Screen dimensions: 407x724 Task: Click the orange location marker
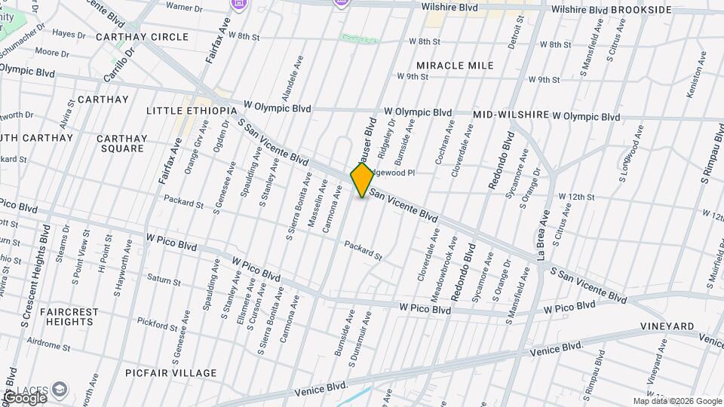coord(362,180)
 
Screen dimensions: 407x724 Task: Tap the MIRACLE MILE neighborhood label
coord(455,66)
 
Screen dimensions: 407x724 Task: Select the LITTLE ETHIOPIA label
coord(192,110)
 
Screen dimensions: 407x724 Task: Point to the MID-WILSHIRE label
coord(511,115)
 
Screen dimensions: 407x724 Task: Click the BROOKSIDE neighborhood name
coord(641,10)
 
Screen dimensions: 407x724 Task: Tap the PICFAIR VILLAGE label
coord(171,373)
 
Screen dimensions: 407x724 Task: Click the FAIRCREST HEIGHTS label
coord(69,317)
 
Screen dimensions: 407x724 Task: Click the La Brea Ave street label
coord(545,234)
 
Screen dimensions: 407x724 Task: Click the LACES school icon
coord(59,390)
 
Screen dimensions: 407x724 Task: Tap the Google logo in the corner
coord(24,397)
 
